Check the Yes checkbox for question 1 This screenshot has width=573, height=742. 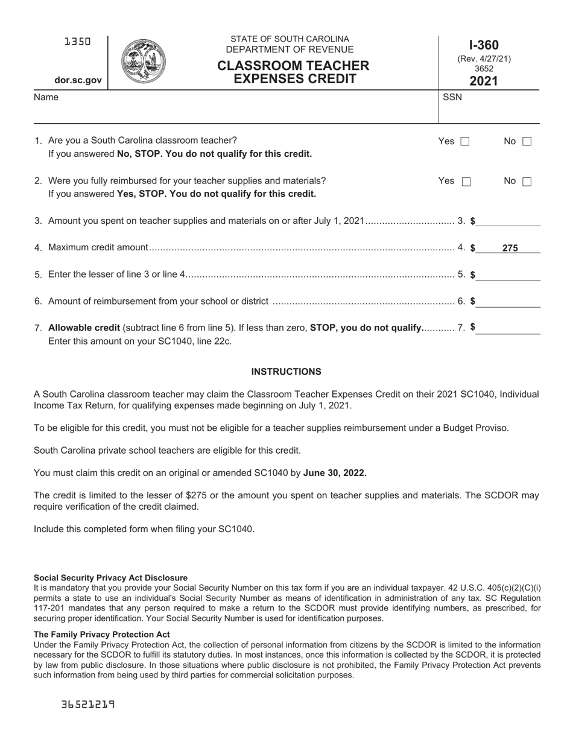click(464, 142)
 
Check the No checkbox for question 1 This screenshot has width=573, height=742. click(527, 142)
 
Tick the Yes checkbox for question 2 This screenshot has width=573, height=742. click(466, 182)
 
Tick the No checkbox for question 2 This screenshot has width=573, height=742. click(527, 182)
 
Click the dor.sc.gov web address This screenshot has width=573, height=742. click(78, 80)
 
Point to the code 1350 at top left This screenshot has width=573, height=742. click(78, 42)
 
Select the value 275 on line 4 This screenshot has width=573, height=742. click(510, 247)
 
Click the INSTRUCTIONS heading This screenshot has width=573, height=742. click(286, 372)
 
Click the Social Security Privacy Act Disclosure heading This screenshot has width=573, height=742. click(110, 577)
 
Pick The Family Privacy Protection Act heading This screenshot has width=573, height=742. click(102, 634)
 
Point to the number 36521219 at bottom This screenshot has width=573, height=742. click(87, 704)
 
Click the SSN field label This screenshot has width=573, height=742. click(452, 97)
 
